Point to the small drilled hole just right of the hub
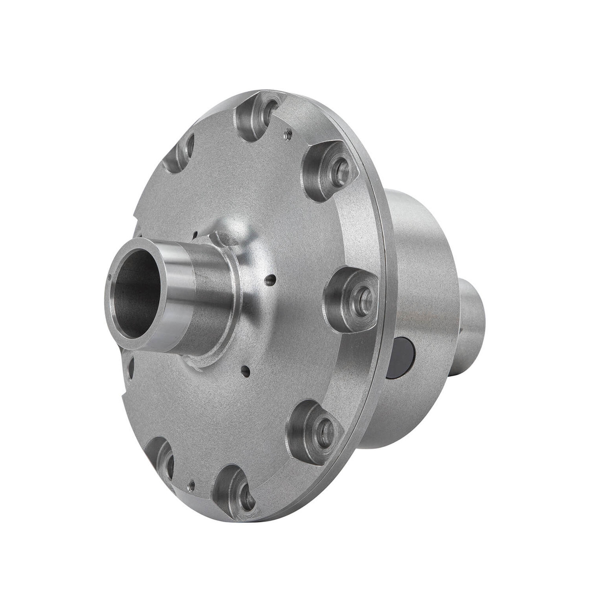click(x=273, y=278)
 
